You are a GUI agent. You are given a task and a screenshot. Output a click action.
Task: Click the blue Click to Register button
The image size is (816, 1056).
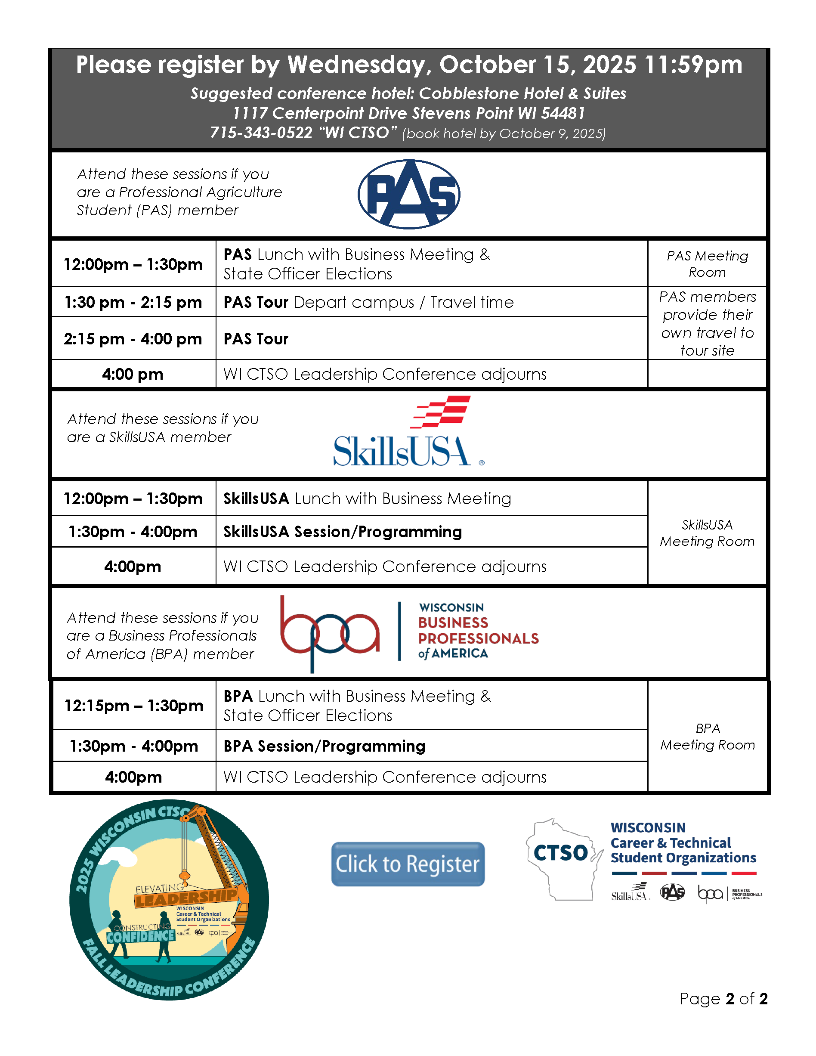coord(408,864)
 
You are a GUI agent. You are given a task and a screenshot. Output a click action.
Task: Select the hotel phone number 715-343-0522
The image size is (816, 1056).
coord(261,133)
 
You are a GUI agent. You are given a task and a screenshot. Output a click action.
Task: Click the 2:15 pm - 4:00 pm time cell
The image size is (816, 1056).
coord(133,338)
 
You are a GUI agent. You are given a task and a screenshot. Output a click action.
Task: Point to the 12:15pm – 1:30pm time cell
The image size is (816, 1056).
coord(134,706)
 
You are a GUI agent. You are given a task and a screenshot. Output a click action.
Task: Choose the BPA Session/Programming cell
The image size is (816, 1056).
coord(325,746)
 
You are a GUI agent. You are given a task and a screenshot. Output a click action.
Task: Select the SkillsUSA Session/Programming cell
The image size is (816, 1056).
coord(342,531)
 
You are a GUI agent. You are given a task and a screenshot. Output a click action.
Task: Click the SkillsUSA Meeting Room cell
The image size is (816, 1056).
coord(707,533)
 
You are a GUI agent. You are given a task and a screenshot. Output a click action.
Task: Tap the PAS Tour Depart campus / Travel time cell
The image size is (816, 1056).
coord(368,302)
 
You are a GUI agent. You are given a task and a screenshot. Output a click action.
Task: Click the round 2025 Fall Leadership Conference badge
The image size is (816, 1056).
coord(169,900)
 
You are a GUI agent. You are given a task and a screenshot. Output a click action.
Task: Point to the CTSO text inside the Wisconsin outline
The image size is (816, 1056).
coord(561,853)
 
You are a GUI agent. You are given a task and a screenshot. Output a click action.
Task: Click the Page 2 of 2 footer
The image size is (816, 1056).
coord(723,998)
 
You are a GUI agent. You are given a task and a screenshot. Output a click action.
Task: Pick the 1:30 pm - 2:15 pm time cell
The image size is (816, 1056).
coord(133,302)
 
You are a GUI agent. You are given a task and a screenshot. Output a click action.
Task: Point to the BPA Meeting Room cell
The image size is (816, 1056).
coord(707,737)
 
